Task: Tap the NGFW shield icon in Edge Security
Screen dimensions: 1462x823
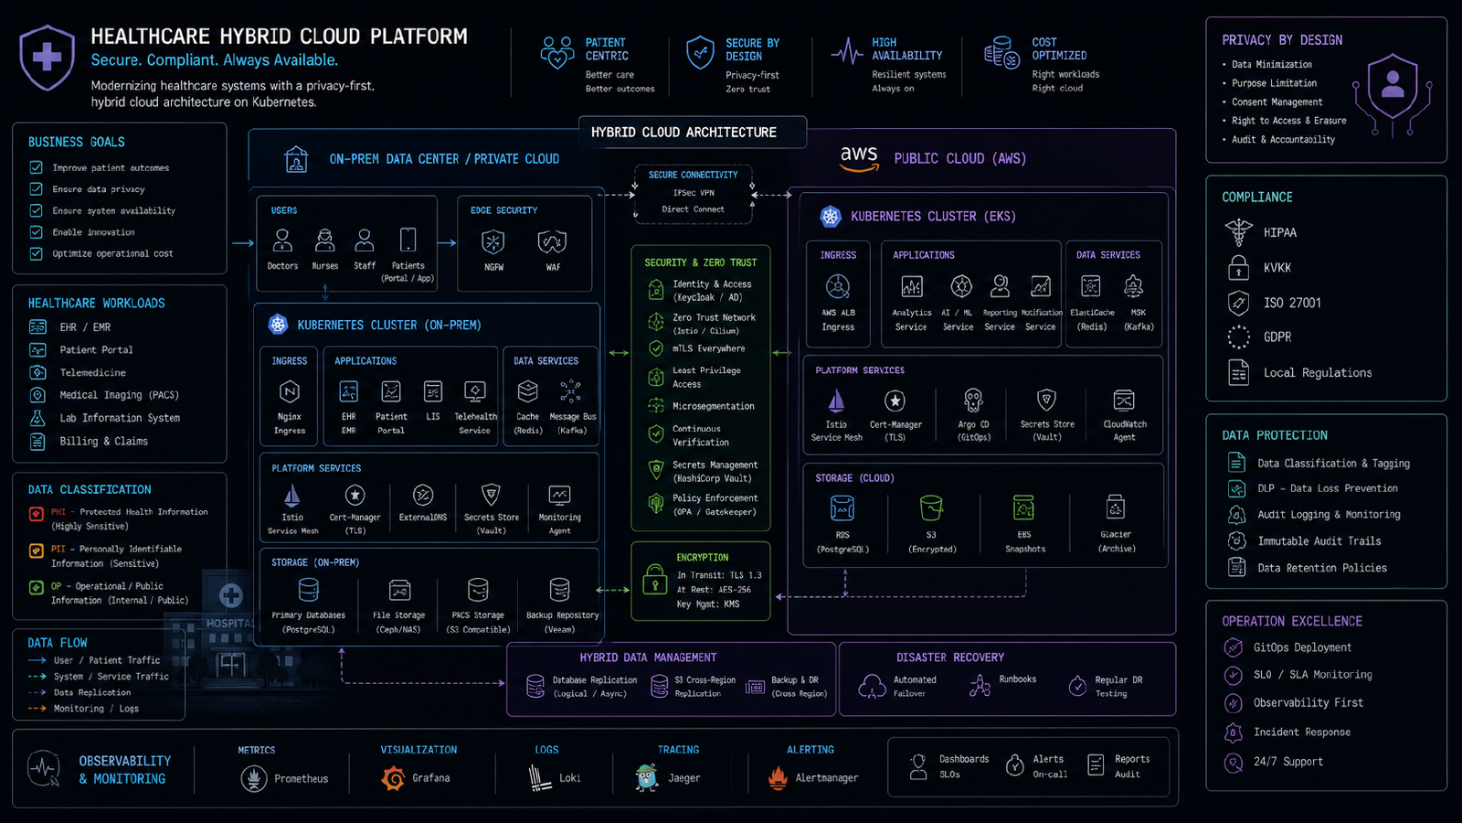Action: pos(493,241)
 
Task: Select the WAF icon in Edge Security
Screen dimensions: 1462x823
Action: pos(552,241)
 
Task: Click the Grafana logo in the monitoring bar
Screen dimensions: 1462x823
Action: pos(393,778)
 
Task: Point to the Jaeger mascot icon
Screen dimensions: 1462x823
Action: pos(647,777)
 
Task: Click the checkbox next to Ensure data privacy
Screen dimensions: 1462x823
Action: pos(36,189)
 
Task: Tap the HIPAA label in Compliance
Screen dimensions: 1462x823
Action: pos(1280,232)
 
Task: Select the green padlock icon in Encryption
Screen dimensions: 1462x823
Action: pos(654,580)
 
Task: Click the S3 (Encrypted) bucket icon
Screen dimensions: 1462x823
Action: pos(931,508)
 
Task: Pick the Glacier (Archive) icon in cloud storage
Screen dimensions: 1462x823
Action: pos(1116,507)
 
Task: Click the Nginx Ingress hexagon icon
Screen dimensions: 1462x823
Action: pos(289,392)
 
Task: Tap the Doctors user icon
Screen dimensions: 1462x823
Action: pos(282,240)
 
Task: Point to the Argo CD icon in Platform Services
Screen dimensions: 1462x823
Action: pos(973,401)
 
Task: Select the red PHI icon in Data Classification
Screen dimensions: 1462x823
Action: pos(37,513)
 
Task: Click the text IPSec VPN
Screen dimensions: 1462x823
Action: pos(694,193)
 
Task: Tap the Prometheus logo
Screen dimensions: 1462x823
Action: pos(253,778)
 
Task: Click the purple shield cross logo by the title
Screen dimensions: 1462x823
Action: pos(47,58)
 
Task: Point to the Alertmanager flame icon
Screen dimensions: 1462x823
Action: pos(778,778)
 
